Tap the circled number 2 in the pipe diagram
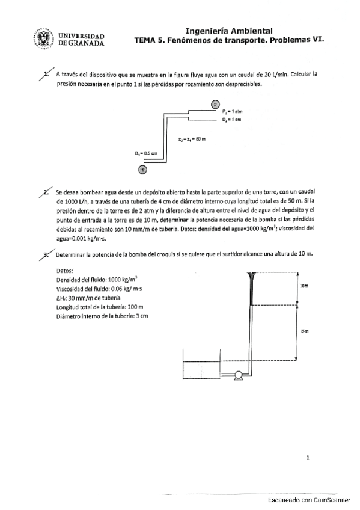click(216, 105)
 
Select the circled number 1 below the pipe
click(142, 170)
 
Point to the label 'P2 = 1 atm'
click(231, 112)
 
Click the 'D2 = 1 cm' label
click(231, 120)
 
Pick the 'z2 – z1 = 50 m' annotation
click(192, 139)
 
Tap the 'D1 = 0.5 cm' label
click(146, 153)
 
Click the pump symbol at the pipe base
click(239, 374)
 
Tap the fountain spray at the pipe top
click(251, 278)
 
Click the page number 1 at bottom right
click(308, 458)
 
